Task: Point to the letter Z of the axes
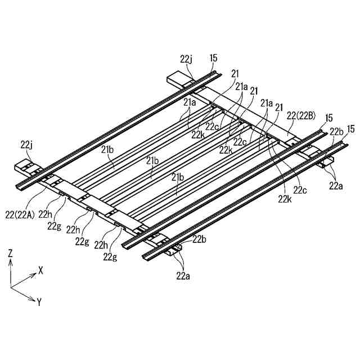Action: coord(11,254)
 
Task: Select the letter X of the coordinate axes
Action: coord(40,270)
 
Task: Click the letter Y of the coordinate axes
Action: coord(39,301)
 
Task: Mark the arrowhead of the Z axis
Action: coord(11,263)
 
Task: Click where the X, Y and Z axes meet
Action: coord(11,287)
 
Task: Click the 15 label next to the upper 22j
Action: coord(213,58)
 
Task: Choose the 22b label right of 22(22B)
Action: coord(336,131)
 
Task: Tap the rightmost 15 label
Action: coord(350,129)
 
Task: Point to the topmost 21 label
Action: coord(235,73)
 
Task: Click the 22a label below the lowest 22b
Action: coord(183,275)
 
